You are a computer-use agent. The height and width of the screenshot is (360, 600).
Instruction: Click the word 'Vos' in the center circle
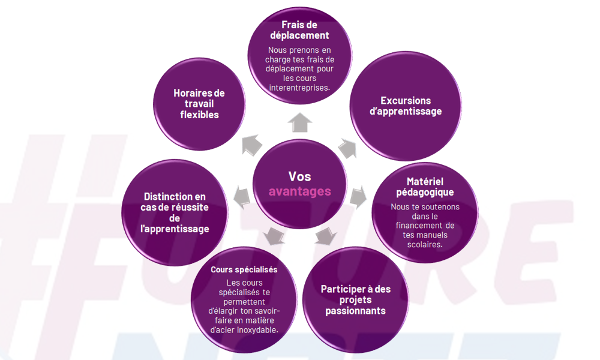coord(299,176)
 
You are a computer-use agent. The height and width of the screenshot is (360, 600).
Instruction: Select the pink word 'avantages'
coord(299,191)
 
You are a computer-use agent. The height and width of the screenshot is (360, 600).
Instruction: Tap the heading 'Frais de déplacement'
coord(299,30)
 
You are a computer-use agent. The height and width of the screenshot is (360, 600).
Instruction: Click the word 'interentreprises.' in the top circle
coord(299,88)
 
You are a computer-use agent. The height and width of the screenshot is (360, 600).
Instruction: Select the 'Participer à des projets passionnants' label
coord(355,299)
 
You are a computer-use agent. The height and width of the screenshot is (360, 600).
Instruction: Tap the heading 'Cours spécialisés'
coord(244,269)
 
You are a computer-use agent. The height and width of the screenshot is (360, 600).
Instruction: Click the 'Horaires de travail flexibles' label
coord(199,104)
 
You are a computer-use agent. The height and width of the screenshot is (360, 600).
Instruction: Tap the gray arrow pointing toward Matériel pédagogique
coord(358,196)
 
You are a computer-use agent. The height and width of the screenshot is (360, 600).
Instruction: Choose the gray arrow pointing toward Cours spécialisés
coord(274,235)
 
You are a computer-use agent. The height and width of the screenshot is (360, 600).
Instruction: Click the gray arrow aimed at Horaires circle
coord(251,144)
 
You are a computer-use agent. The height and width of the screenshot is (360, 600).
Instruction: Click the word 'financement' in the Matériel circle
coord(425,226)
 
